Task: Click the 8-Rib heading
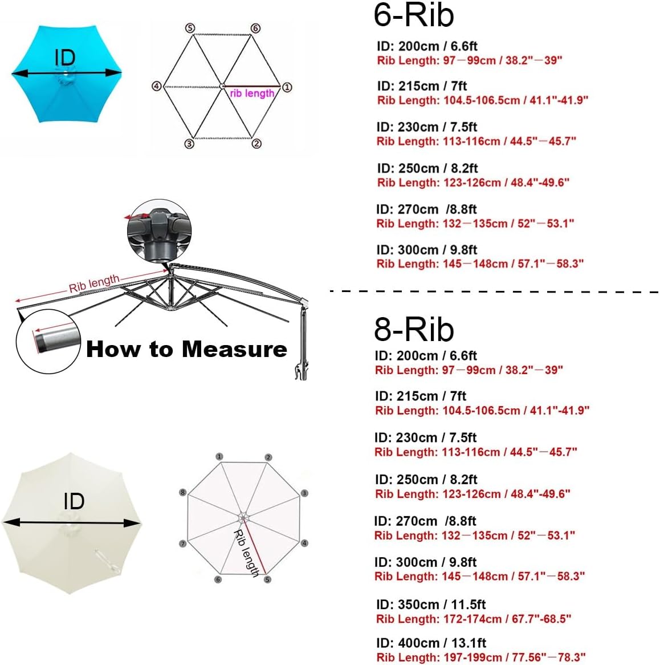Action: [414, 329]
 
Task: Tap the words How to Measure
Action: [186, 349]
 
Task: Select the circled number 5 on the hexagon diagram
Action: [190, 29]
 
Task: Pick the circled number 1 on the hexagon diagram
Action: [287, 87]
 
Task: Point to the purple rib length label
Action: [252, 94]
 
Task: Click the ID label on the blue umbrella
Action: [66, 58]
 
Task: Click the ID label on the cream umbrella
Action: [74, 501]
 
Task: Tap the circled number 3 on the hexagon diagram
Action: [189, 144]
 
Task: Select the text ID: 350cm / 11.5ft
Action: [431, 605]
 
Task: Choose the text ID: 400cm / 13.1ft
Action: [431, 643]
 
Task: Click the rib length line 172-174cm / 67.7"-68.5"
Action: [474, 619]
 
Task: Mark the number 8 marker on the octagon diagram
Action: [183, 492]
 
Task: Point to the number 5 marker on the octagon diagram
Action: [267, 579]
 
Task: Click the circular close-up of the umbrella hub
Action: [159, 231]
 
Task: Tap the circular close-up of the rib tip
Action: [48, 342]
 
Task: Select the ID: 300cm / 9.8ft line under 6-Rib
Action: [426, 250]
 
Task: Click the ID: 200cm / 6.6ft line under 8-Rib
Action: [426, 356]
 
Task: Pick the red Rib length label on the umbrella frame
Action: [94, 283]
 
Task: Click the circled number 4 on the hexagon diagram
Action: [156, 87]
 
